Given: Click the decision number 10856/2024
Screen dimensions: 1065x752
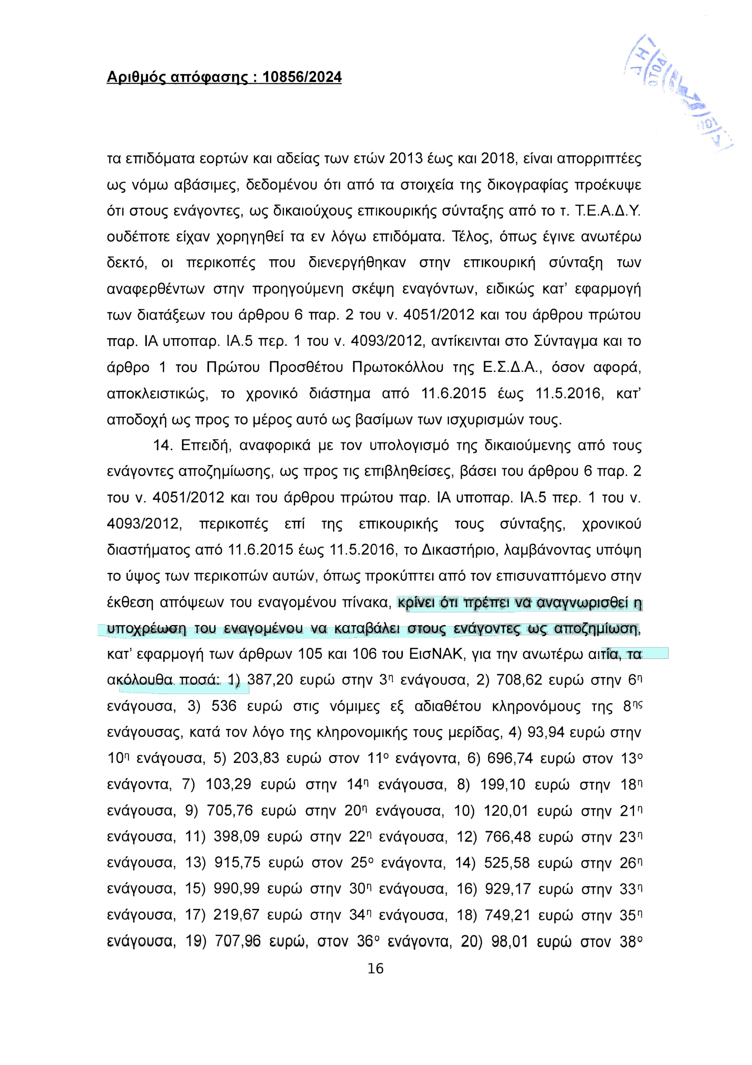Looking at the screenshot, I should click(x=302, y=77).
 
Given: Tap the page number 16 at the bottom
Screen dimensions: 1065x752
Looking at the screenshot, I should click(x=375, y=968).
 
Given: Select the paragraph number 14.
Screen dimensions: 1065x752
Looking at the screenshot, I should click(x=163, y=446).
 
